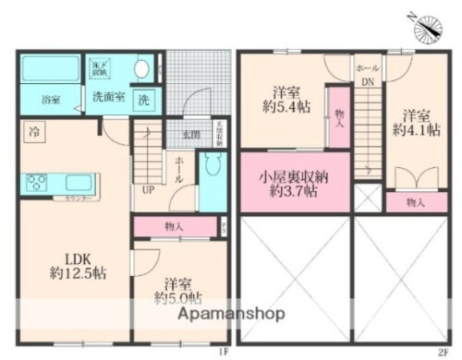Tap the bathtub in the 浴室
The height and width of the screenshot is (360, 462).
51,69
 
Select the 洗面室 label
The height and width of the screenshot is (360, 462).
108,96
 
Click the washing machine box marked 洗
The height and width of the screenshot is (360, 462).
143,98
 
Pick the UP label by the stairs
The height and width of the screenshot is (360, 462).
147,191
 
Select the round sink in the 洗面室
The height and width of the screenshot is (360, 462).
142,68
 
